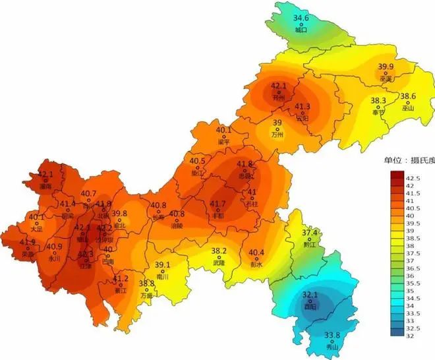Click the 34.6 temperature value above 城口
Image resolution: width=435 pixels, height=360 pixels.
click(x=301, y=18)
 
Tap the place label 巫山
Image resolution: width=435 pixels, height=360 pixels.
click(x=408, y=107)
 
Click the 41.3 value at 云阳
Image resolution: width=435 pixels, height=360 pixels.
click(x=303, y=107)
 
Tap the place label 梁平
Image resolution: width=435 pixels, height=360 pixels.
click(x=224, y=142)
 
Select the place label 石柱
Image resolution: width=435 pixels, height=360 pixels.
click(x=252, y=204)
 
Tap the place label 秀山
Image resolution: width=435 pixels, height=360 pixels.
click(x=333, y=347)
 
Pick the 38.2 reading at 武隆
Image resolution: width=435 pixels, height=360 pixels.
click(x=219, y=251)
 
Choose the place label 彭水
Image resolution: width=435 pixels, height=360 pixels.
click(x=256, y=264)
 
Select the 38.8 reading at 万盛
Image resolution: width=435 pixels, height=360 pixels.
click(x=146, y=284)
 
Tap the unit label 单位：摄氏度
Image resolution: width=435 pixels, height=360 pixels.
click(x=407, y=160)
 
